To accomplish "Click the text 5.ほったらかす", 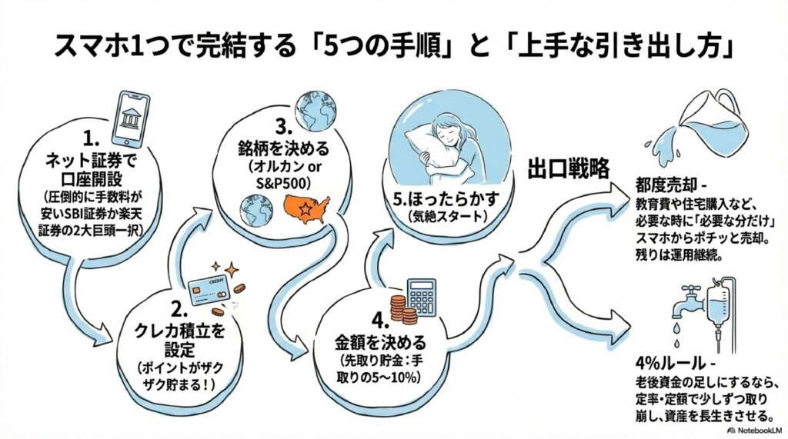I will click(444, 200).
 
